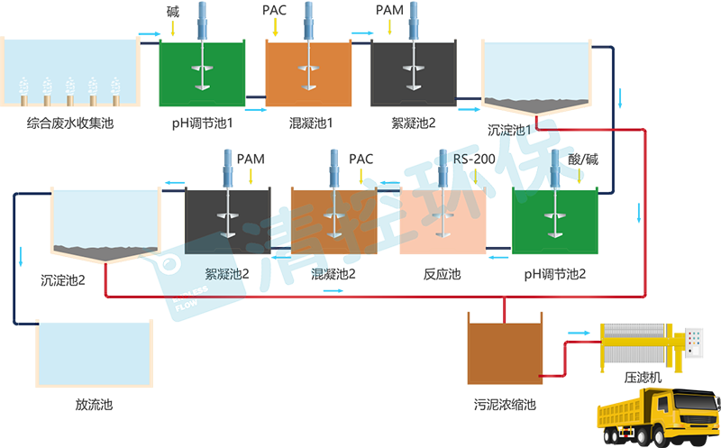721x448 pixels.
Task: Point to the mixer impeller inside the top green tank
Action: (x=201, y=86)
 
